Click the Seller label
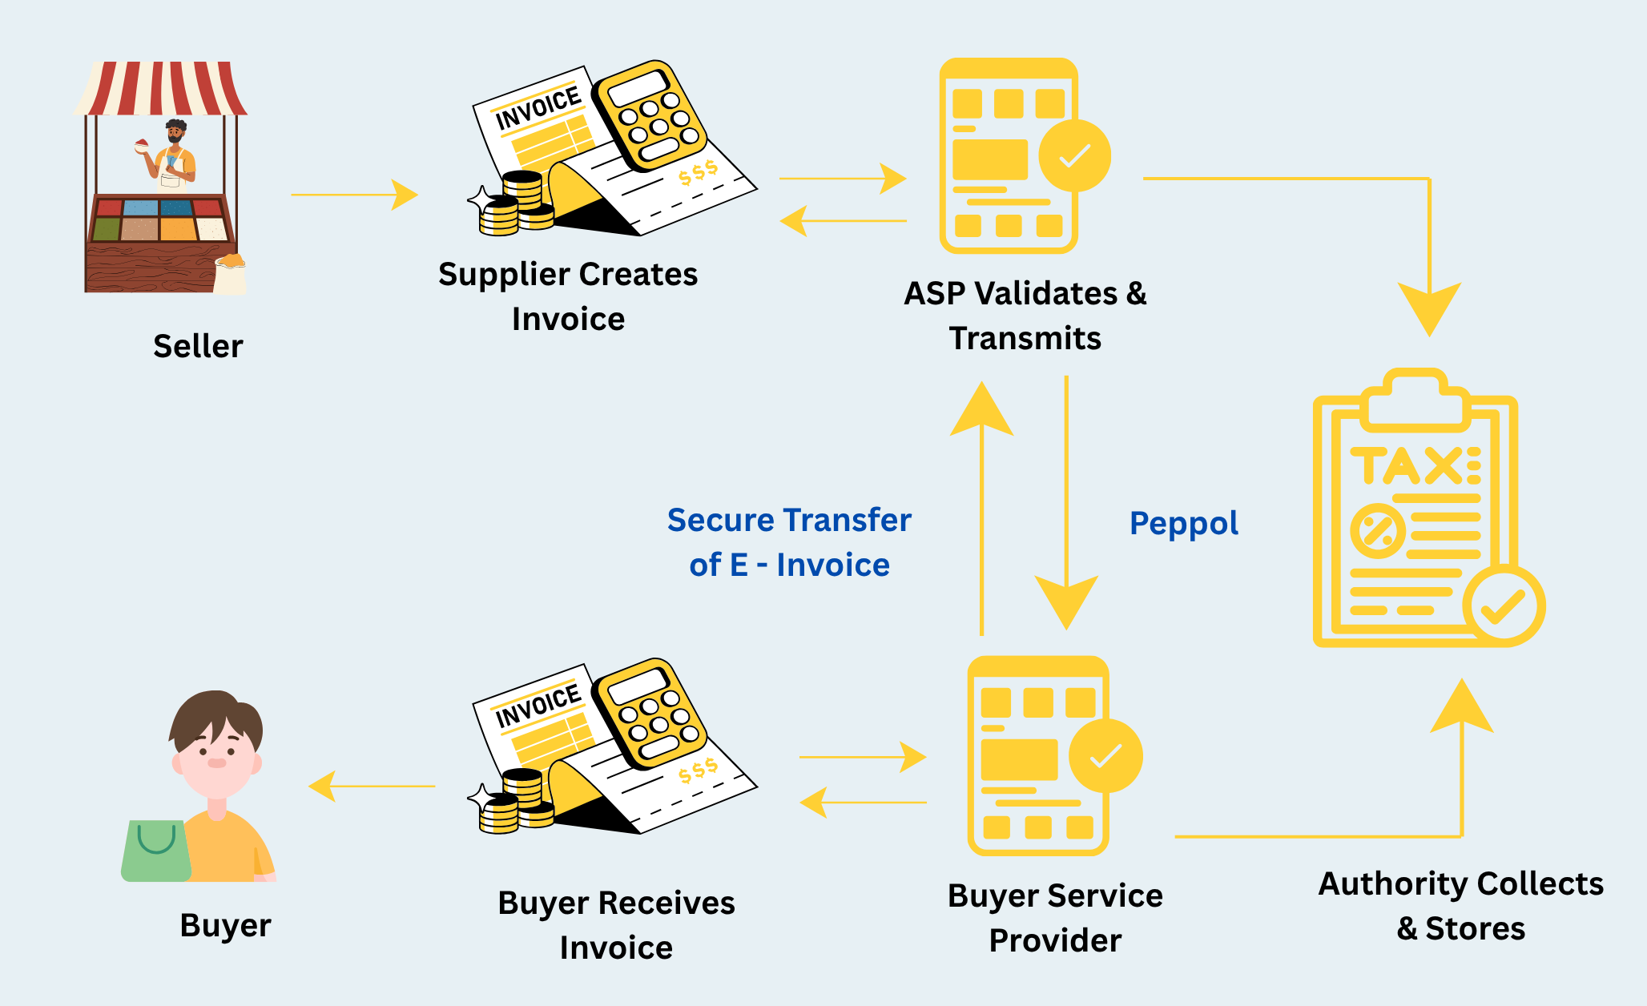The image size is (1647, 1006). pyautogui.click(x=198, y=347)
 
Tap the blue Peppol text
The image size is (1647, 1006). pyautogui.click(x=1183, y=523)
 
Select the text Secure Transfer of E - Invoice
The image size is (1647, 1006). pyautogui.click(x=789, y=542)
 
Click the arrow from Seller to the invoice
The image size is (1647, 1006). pyautogui.click(x=354, y=195)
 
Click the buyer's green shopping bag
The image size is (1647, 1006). pyautogui.click(x=155, y=851)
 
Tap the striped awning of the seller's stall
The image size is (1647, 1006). pyautogui.click(x=161, y=88)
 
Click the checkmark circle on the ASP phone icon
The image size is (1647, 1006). pyautogui.click(x=1074, y=155)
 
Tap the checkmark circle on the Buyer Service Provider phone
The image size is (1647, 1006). pyautogui.click(x=1105, y=755)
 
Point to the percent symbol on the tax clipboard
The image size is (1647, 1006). pyautogui.click(x=1377, y=531)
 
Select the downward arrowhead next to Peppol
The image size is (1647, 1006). pyautogui.click(x=1066, y=601)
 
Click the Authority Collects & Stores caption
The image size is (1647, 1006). pyautogui.click(x=1460, y=906)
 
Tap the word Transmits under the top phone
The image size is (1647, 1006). pyautogui.click(x=1025, y=339)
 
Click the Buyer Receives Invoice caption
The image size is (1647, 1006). pyautogui.click(x=616, y=925)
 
